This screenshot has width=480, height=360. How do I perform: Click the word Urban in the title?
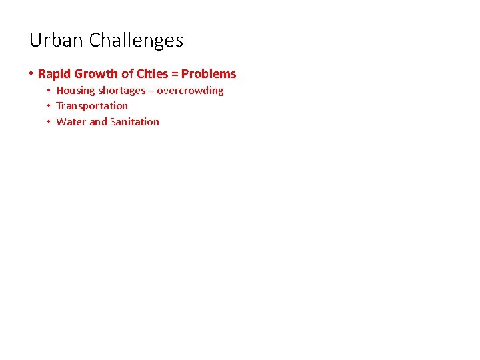click(57, 41)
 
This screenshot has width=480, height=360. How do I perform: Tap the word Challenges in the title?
click(136, 41)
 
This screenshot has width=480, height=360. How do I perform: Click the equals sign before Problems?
click(176, 74)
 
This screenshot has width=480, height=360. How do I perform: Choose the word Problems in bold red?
click(209, 74)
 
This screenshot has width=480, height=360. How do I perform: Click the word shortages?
click(121, 91)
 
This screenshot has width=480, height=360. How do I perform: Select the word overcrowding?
click(190, 91)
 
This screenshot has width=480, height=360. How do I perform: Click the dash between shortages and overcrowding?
click(151, 91)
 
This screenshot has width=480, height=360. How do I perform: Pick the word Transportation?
click(92, 106)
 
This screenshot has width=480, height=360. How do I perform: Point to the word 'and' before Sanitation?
click(98, 122)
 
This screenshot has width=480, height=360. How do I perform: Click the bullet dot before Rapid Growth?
click(31, 74)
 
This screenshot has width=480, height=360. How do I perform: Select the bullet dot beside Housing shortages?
click(49, 91)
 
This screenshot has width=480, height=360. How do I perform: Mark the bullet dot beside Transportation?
click(49, 106)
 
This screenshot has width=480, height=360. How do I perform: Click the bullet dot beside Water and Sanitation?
click(49, 122)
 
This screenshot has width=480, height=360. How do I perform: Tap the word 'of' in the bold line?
click(127, 74)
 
